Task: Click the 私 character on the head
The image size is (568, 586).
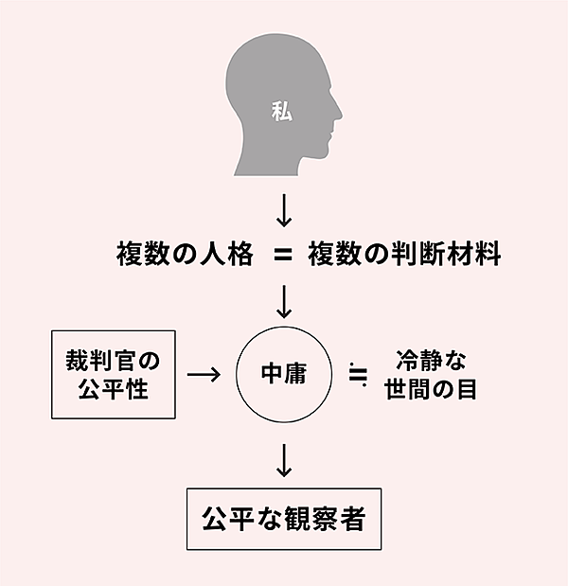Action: (281, 111)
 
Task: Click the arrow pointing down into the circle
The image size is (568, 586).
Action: (283, 303)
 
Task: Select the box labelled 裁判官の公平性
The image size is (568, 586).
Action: (115, 374)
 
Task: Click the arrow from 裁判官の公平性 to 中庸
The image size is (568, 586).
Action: (204, 374)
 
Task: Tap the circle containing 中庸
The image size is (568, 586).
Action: (283, 374)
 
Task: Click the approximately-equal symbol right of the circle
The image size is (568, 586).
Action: (357, 374)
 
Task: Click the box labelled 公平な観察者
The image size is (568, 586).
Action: (283, 519)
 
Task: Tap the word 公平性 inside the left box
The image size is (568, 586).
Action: (115, 388)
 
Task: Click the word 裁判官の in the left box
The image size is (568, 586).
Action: (115, 360)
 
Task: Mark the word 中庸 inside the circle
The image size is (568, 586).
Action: (283, 374)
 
